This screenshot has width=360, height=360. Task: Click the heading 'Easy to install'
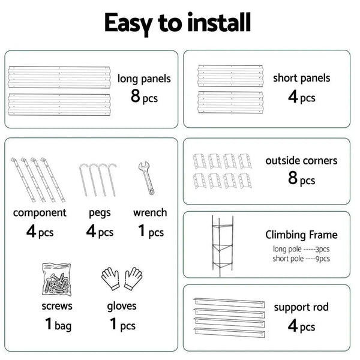(x=178, y=23)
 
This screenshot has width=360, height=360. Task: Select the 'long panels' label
(x=144, y=78)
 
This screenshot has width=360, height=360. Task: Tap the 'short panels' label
(x=301, y=78)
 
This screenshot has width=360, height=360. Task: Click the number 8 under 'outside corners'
(x=293, y=179)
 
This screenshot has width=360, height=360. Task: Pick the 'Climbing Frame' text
(x=301, y=235)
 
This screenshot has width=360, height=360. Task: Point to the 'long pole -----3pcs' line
(x=301, y=249)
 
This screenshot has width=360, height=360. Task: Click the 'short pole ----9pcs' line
(x=301, y=259)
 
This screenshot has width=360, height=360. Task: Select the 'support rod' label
(x=301, y=307)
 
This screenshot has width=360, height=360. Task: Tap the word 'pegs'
(x=100, y=212)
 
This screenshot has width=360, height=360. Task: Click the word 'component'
(x=40, y=212)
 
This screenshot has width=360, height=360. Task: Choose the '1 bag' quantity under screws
(x=58, y=326)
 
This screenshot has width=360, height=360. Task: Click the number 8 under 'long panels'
(x=136, y=96)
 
